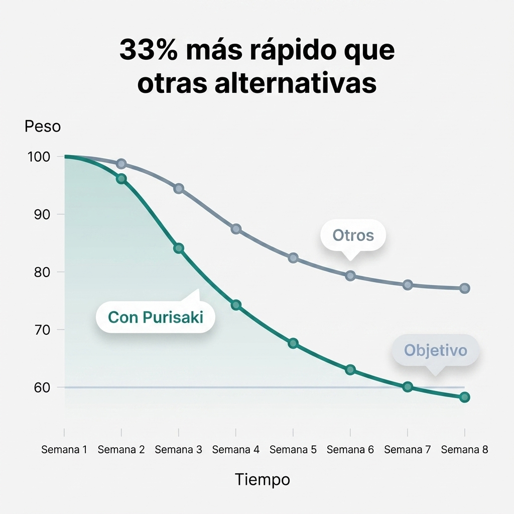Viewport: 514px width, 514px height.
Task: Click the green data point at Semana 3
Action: tap(179, 248)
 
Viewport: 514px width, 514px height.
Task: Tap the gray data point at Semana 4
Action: tap(236, 229)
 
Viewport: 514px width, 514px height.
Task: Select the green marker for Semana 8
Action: tap(465, 397)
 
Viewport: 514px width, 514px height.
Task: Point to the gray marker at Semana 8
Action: tap(465, 288)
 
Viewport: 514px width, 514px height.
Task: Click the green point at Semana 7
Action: tap(408, 387)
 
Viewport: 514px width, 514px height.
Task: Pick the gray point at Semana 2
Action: tap(121, 164)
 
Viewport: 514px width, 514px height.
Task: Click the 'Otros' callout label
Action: tap(353, 235)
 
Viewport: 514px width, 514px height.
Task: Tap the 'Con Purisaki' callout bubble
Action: tap(156, 317)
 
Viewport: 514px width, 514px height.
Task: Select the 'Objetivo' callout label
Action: tap(435, 350)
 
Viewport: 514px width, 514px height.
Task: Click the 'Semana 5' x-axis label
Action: tap(293, 450)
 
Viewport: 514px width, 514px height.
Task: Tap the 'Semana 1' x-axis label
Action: tap(64, 450)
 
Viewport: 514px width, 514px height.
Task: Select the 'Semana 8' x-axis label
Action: tap(464, 450)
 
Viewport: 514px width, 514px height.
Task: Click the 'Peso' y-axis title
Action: tap(43, 126)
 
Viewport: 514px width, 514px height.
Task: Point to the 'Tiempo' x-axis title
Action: tap(263, 480)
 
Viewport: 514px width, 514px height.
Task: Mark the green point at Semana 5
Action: tap(293, 343)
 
